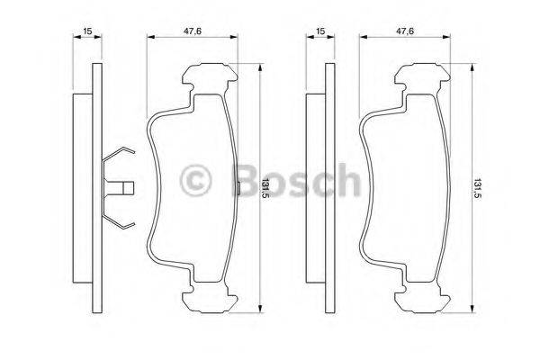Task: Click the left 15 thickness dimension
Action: point(87,31)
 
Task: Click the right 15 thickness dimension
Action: point(319,31)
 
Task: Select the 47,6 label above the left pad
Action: point(192,31)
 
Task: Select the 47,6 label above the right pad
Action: point(405,31)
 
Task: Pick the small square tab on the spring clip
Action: point(128,188)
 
